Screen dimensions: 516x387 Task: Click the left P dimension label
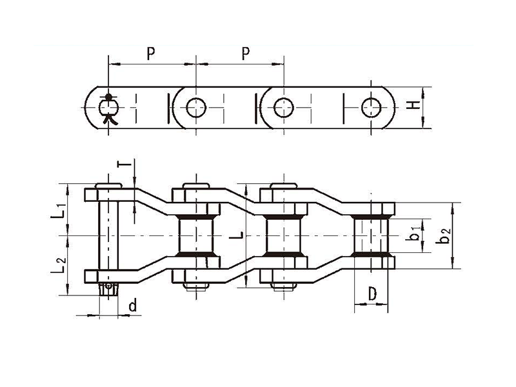(151, 54)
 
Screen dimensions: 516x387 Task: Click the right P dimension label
(246, 54)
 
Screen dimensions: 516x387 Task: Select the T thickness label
(125, 164)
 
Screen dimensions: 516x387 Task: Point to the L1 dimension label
(59, 212)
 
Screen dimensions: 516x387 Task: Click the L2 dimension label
(59, 265)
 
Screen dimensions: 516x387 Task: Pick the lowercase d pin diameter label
(132, 306)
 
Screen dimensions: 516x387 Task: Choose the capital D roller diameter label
(372, 294)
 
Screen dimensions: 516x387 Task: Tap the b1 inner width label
(413, 233)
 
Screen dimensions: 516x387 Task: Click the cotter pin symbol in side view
(108, 109)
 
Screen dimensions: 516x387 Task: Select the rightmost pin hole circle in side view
(372, 108)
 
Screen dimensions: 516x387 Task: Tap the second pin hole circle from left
(196, 108)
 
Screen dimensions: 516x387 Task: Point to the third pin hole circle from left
(284, 108)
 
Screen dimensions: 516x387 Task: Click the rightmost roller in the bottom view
(371, 235)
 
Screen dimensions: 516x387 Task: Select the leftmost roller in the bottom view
(196, 235)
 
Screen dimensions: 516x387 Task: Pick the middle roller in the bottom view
(283, 235)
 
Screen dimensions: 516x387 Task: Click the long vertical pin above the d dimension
(108, 235)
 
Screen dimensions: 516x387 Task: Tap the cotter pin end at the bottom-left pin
(108, 289)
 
